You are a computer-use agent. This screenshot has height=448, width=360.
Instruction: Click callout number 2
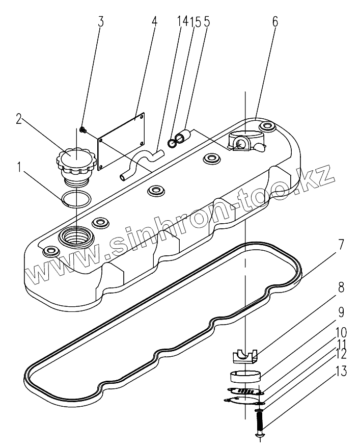coord(18,119)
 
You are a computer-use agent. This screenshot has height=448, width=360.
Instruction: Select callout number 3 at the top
coord(101,21)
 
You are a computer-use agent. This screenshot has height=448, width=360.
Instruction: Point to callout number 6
coord(275,21)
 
